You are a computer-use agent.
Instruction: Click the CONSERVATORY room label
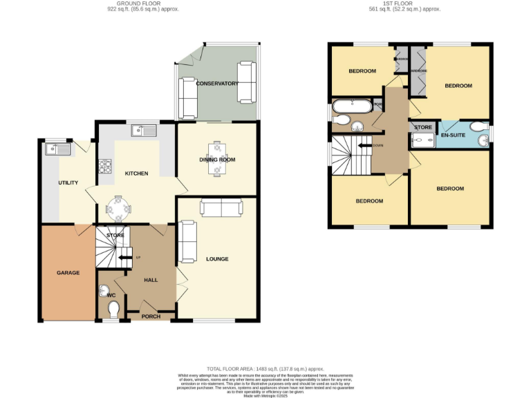(217, 84)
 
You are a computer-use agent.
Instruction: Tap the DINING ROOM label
(218, 160)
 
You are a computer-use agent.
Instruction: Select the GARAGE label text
(68, 273)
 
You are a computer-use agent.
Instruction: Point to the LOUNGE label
(217, 259)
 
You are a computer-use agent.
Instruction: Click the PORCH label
(151, 316)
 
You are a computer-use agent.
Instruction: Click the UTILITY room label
(68, 182)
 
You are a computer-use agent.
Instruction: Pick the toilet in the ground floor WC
(113, 307)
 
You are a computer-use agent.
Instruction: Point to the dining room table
(217, 158)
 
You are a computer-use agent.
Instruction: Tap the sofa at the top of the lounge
(221, 207)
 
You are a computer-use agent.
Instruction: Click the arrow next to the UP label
(125, 258)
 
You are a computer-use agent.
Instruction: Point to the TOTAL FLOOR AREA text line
(265, 370)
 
